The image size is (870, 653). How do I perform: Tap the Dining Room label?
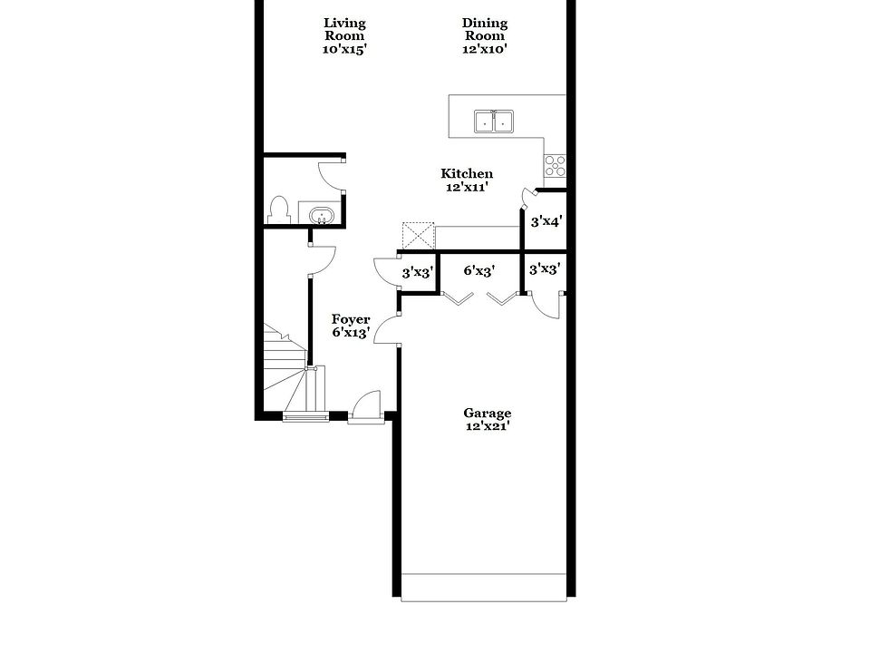(485, 30)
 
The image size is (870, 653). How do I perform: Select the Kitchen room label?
(467, 174)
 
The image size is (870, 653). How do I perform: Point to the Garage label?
(488, 413)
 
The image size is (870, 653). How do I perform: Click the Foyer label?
(350, 319)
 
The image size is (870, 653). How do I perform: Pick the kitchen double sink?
(493, 122)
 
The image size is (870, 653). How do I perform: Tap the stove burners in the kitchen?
(555, 166)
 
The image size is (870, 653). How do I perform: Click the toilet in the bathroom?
(280, 210)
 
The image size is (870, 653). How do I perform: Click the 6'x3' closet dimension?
(478, 270)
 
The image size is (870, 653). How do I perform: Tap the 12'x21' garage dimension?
(488, 426)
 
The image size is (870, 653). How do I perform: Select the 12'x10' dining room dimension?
(485, 50)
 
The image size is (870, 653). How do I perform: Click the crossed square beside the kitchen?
(419, 236)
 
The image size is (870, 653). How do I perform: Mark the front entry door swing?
(366, 406)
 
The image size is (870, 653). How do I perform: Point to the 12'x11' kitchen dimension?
(467, 188)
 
